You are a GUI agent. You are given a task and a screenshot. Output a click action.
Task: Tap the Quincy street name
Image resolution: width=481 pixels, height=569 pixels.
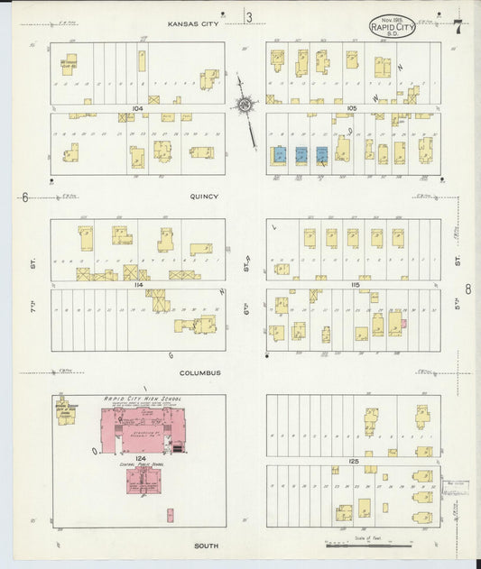pos(205,196)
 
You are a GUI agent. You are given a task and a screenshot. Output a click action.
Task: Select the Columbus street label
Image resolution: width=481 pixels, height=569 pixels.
pos(199,372)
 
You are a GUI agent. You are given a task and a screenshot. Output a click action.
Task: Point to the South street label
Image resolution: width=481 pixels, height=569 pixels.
pos(205,546)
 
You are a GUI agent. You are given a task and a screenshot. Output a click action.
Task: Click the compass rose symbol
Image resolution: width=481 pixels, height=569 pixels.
pos(244,105)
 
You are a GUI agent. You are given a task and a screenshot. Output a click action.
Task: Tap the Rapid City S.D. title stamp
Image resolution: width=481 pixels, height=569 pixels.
pos(393,26)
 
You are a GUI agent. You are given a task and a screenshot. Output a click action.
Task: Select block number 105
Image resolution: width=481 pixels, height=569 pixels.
pos(351,107)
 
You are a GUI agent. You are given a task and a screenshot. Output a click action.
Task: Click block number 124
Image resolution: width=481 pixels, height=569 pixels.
pos(141,457)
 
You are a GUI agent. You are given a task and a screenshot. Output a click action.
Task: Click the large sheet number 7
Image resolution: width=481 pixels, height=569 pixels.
pos(458,27)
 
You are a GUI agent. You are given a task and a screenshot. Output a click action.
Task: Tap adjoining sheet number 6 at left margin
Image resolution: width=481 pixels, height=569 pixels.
pos(25,197)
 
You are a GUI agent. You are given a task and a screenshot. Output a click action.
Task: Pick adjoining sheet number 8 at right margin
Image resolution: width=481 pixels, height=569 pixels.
pos(468,289)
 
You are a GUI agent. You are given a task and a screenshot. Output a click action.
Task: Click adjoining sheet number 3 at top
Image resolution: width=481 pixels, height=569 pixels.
pos(249,17)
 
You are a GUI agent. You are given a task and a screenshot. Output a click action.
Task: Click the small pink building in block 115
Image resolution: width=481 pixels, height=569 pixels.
pos(403,323)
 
